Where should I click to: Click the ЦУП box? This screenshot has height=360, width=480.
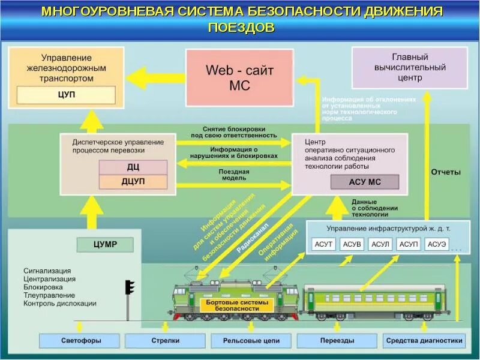tap(66, 95)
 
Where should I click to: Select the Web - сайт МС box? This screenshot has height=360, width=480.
tap(239, 77)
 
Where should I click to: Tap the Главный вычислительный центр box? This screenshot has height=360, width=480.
tap(410, 68)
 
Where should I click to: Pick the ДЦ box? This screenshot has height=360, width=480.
tap(133, 167)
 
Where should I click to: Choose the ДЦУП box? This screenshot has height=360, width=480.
tap(133, 181)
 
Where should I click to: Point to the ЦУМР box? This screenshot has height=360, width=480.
tap(105, 244)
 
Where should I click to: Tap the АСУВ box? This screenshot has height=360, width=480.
tap(352, 244)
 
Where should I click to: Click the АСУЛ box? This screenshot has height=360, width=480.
tap(380, 244)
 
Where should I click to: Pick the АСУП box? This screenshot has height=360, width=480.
tap(409, 244)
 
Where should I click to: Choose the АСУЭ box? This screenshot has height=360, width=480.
tap(437, 244)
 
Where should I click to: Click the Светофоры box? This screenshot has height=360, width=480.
tap(80, 341)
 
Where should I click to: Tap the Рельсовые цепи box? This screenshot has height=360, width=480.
tap(251, 341)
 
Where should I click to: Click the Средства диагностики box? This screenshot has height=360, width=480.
tap(424, 341)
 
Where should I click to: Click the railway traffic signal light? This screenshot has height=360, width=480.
tap(130, 287)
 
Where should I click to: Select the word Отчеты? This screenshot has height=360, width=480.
tap(446, 172)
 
